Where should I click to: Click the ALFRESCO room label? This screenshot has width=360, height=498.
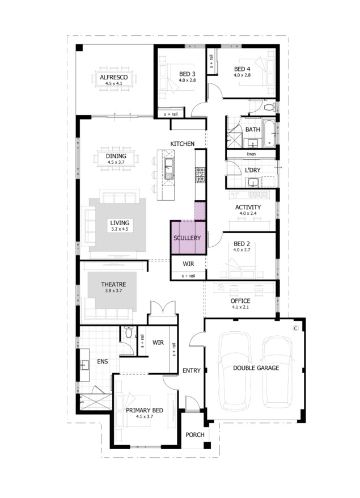point(113,77)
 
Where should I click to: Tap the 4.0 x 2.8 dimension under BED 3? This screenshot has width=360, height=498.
point(187,81)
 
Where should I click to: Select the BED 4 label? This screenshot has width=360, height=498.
point(242,69)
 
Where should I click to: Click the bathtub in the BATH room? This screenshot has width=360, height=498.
point(269,133)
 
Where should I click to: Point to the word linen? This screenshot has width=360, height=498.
point(251,154)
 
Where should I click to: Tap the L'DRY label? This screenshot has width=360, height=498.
point(253,170)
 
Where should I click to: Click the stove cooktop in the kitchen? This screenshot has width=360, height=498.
point(200,175)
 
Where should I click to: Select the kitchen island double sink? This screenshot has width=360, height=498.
point(168,168)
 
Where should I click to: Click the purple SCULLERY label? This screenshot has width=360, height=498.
point(187,238)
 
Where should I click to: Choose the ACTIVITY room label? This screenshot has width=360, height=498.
point(248,208)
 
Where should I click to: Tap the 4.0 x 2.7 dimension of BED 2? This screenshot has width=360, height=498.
point(242,250)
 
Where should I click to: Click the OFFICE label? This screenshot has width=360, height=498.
point(240,301)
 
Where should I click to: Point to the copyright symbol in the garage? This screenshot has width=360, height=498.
point(296,328)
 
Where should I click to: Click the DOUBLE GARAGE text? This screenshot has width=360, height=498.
point(256,368)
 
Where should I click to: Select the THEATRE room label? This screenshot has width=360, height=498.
point(113,285)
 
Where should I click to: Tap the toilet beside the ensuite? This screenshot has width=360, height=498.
point(129,332)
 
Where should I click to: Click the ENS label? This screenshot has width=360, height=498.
point(103,362)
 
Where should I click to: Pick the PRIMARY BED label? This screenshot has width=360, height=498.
point(145,410)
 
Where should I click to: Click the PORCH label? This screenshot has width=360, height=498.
point(195,435)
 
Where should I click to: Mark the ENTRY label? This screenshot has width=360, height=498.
point(192,370)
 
